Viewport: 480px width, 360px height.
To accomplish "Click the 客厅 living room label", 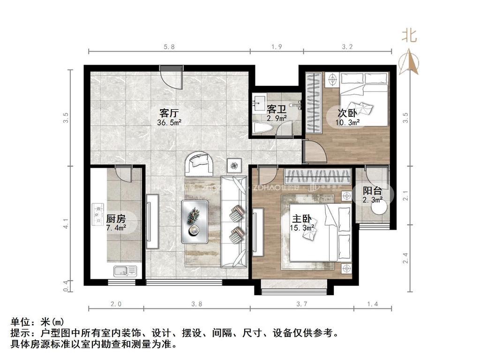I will pos(170,113).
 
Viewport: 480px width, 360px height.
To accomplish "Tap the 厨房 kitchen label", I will pos(115,218).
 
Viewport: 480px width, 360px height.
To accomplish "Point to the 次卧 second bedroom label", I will pos(347,113).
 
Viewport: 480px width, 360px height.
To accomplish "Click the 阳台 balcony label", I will pos(373,190).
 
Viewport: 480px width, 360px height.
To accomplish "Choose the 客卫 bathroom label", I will pos(276,109).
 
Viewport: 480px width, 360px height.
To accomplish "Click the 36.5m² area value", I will pos(170,123).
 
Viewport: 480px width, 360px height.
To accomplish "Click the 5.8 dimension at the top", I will pos(169,47).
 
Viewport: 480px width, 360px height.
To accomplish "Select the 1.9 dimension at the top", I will pos(277,47).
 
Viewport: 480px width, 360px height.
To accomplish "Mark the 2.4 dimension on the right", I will pos(406,257).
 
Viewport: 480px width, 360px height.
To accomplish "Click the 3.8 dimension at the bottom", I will pos(196,304).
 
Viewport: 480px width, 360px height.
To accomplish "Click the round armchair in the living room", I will pos(201,164).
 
